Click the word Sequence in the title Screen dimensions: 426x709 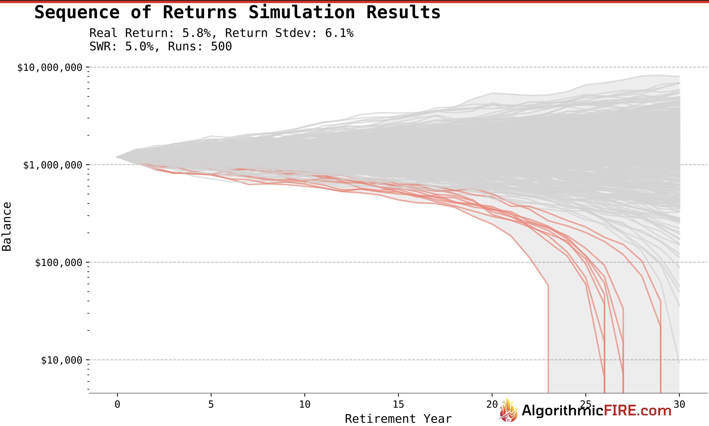pyautogui.click(x=77, y=12)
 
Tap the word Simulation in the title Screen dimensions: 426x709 pyautogui.click(x=301, y=12)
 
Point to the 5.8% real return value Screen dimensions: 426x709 pyautogui.click(x=196, y=33)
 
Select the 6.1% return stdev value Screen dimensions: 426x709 pyautogui.click(x=339, y=33)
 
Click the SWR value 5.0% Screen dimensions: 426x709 pyautogui.click(x=139, y=46)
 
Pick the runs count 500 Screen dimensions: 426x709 pyautogui.click(x=221, y=46)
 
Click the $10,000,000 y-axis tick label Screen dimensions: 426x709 pyautogui.click(x=50, y=68)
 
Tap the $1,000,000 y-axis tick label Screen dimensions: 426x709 pyautogui.click(x=53, y=165)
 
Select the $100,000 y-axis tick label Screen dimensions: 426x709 pyautogui.click(x=59, y=263)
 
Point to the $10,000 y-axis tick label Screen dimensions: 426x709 pyautogui.click(x=62, y=360)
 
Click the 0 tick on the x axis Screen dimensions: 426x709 pyautogui.click(x=118, y=404)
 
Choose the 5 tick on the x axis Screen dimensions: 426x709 pyautogui.click(x=211, y=404)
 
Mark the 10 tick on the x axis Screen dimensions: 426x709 pyautogui.click(x=305, y=404)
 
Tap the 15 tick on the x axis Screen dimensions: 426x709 pyautogui.click(x=398, y=404)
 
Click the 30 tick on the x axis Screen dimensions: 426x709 pyautogui.click(x=679, y=404)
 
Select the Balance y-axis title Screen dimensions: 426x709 pyautogui.click(x=7, y=226)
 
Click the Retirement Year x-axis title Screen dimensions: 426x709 pyautogui.click(x=398, y=419)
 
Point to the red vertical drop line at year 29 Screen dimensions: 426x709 pyautogui.click(x=660, y=356)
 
